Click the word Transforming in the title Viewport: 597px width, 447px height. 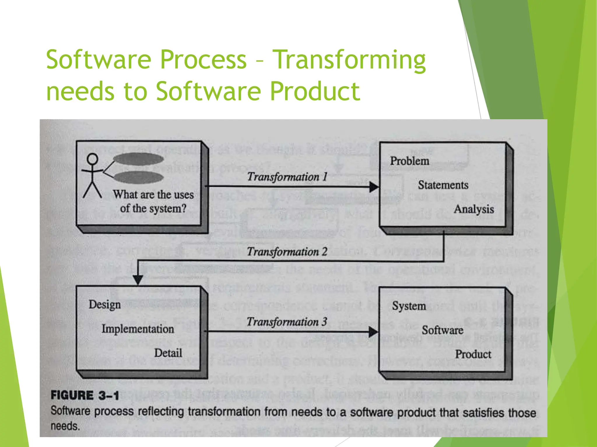pos(350,60)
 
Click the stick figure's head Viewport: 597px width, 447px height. pos(93,159)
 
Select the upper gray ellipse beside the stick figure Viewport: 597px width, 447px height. pos(138,159)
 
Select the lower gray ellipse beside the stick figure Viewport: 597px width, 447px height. pos(138,177)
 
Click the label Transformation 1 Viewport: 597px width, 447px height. pos(287,177)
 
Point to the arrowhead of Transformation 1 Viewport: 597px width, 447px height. pos(374,187)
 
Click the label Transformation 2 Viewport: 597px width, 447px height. pos(287,252)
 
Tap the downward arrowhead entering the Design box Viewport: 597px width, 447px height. pos(138,280)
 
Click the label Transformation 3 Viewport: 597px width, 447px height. pos(287,322)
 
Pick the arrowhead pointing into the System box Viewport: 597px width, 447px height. pos(373,331)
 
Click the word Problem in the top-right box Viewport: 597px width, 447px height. pos(410,161)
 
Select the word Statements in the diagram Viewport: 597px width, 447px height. pos(443,185)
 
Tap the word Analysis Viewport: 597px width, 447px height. pos(474,209)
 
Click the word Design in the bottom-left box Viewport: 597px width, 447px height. pos(105,305)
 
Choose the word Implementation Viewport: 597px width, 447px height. pos(138,329)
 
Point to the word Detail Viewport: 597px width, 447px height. pos(168,353)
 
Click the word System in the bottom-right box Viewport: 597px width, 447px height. pos(409,306)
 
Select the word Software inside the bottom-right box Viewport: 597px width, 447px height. pos(443,330)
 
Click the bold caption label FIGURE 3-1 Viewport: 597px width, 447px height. pos(85,395)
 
